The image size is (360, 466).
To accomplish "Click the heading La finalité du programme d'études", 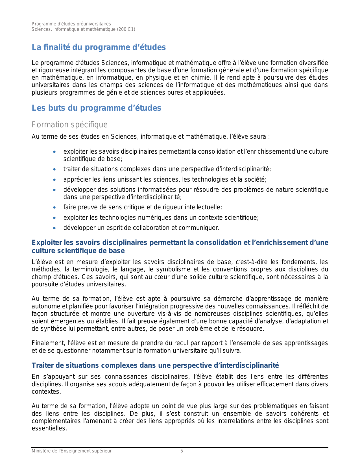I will [x=99, y=47].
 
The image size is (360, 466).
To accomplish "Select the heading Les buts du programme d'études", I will [x=96, y=108].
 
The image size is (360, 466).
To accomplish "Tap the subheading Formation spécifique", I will [x=69, y=125].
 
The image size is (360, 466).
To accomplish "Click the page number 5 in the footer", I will [x=182, y=451].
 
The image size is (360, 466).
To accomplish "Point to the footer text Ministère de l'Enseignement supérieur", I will [x=71, y=451].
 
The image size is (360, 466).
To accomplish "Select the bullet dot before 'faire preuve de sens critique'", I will [x=54, y=208].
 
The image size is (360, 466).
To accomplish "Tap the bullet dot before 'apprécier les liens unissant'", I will [x=54, y=180].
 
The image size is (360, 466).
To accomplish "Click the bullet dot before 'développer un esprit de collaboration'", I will [x=54, y=228].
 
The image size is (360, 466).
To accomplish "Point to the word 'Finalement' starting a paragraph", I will [x=45, y=343].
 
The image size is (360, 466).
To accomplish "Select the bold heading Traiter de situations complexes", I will [x=155, y=365].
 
